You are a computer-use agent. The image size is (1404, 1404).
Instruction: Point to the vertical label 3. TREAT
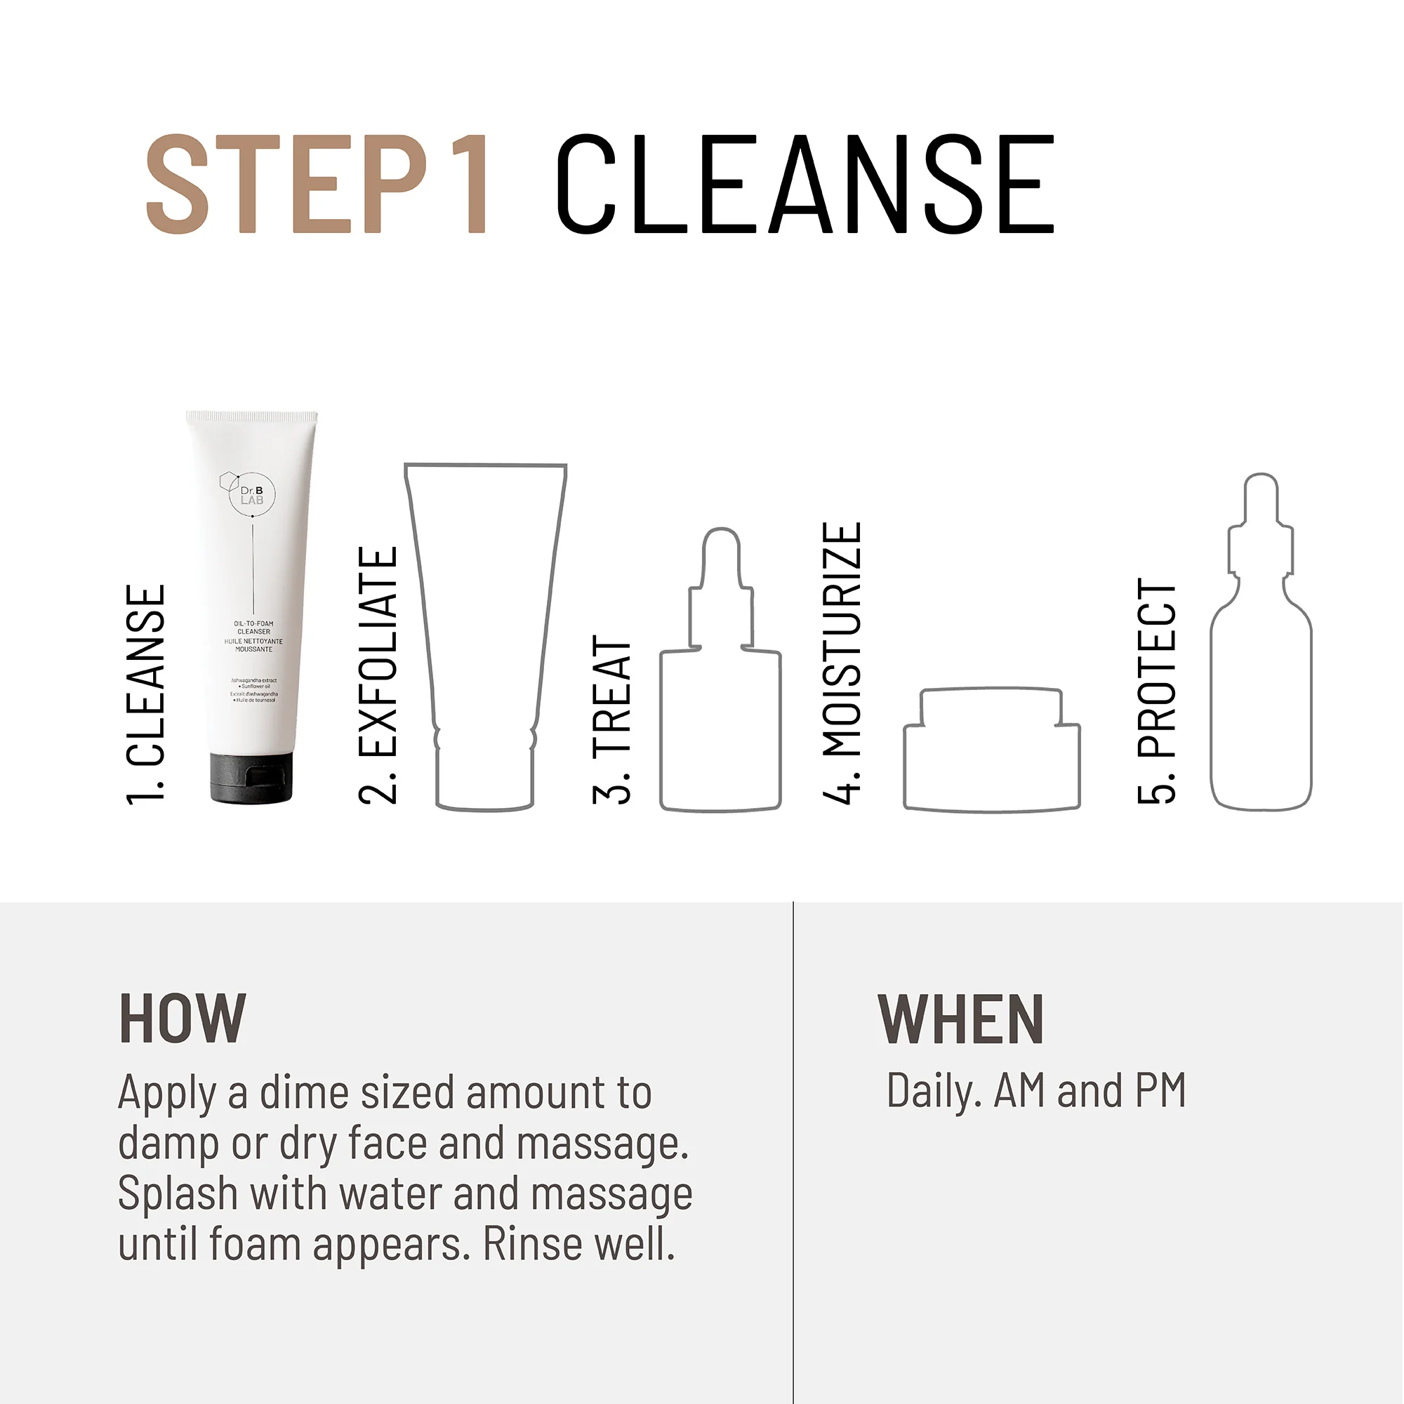(611, 719)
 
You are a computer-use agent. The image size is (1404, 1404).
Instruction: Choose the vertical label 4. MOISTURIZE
(842, 662)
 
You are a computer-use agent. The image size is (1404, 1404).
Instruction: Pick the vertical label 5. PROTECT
(1156, 690)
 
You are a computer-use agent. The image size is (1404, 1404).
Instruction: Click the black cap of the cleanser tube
(251, 778)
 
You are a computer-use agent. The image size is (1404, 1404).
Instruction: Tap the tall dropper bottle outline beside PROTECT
(1261, 676)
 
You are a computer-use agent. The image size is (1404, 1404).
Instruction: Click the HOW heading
(183, 1019)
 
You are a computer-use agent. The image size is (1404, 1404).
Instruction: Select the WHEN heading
(961, 1019)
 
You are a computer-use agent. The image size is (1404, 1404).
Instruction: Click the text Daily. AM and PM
(1035, 1091)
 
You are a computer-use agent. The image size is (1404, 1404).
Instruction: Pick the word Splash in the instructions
(178, 1194)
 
